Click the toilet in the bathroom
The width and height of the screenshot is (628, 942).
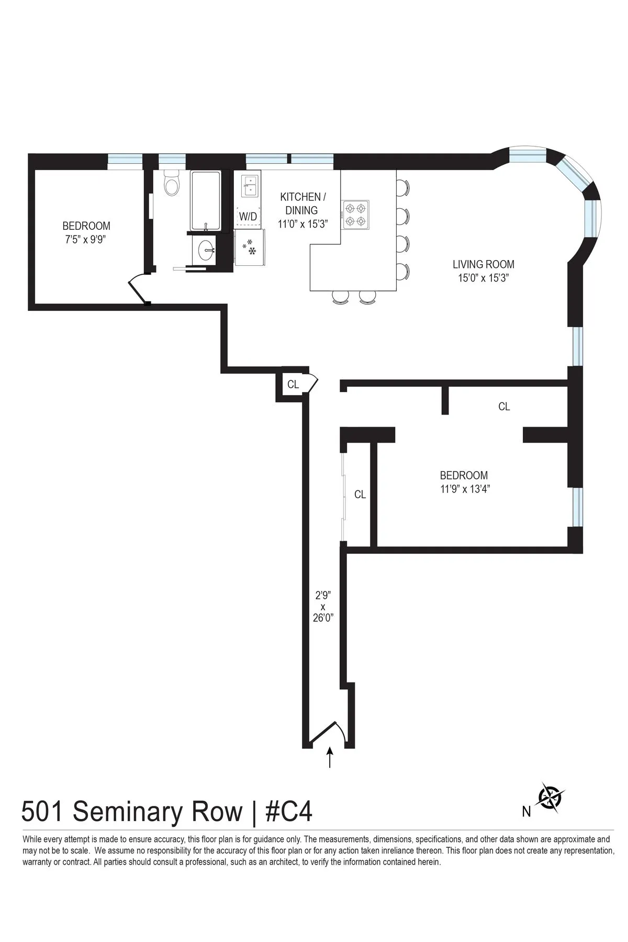[x=172, y=183]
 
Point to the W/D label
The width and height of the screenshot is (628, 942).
[x=248, y=216]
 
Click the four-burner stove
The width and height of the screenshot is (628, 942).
[x=356, y=215]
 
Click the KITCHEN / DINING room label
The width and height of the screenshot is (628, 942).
[x=302, y=204]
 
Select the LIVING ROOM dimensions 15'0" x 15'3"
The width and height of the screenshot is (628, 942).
[x=484, y=278]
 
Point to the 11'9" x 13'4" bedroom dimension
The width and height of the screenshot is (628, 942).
[x=465, y=489]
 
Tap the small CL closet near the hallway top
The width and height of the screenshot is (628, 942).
[x=293, y=385]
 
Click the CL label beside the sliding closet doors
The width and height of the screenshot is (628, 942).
[x=360, y=495]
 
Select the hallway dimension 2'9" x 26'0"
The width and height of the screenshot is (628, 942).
[x=323, y=606]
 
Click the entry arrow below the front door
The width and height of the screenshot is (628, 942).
[x=330, y=757]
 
